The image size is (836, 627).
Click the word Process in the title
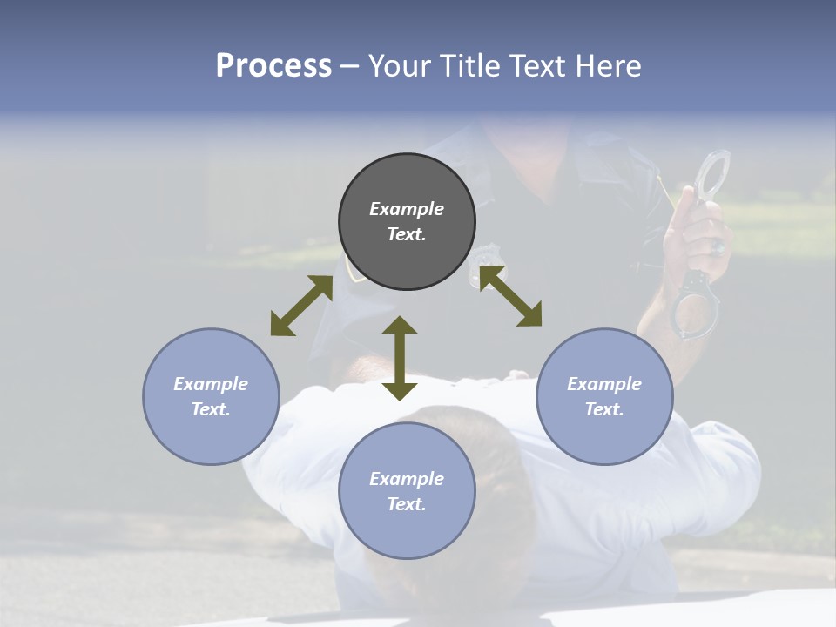[273, 66]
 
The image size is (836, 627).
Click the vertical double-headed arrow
[400, 358]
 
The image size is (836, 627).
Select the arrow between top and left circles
[300, 306]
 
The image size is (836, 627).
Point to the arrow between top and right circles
[510, 296]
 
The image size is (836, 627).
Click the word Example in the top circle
[407, 209]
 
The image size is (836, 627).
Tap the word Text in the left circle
[211, 409]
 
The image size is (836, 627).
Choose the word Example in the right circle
[604, 384]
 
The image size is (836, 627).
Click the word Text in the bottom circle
[407, 504]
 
